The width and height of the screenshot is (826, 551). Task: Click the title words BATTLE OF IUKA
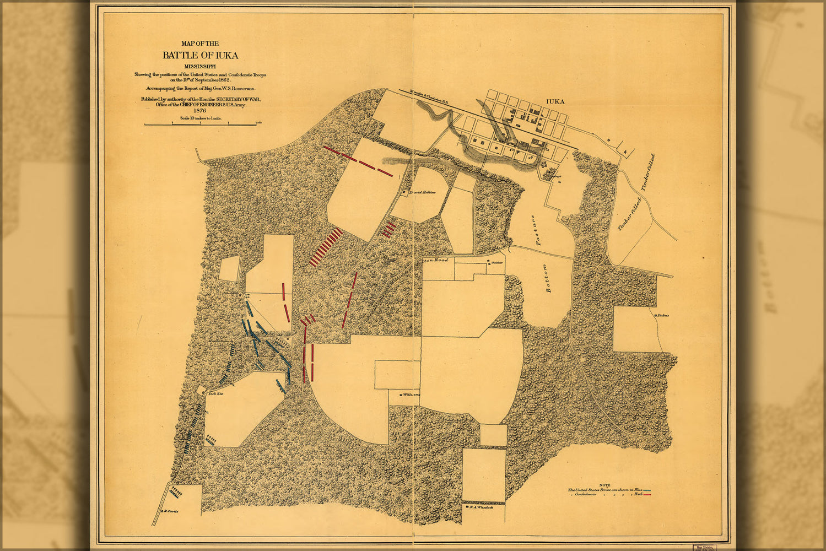pos(200,55)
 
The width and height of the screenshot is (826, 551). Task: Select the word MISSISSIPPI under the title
pos(200,67)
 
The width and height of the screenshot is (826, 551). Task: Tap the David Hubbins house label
pos(424,192)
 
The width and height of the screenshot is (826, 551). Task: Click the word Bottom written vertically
pos(547,278)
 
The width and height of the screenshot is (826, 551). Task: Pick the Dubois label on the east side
pos(663,316)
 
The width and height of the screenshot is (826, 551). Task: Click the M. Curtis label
pos(170,511)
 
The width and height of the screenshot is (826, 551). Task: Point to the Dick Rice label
pos(215,394)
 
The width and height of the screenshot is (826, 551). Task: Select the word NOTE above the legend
pos(604,484)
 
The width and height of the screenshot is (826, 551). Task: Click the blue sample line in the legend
pos(647,490)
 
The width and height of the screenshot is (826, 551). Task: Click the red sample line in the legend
pos(647,495)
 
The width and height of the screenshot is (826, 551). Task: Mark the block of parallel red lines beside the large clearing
pos(325,248)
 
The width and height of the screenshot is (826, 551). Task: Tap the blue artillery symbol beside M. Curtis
pos(176,490)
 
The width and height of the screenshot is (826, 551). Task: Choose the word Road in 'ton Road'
pos(441,260)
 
